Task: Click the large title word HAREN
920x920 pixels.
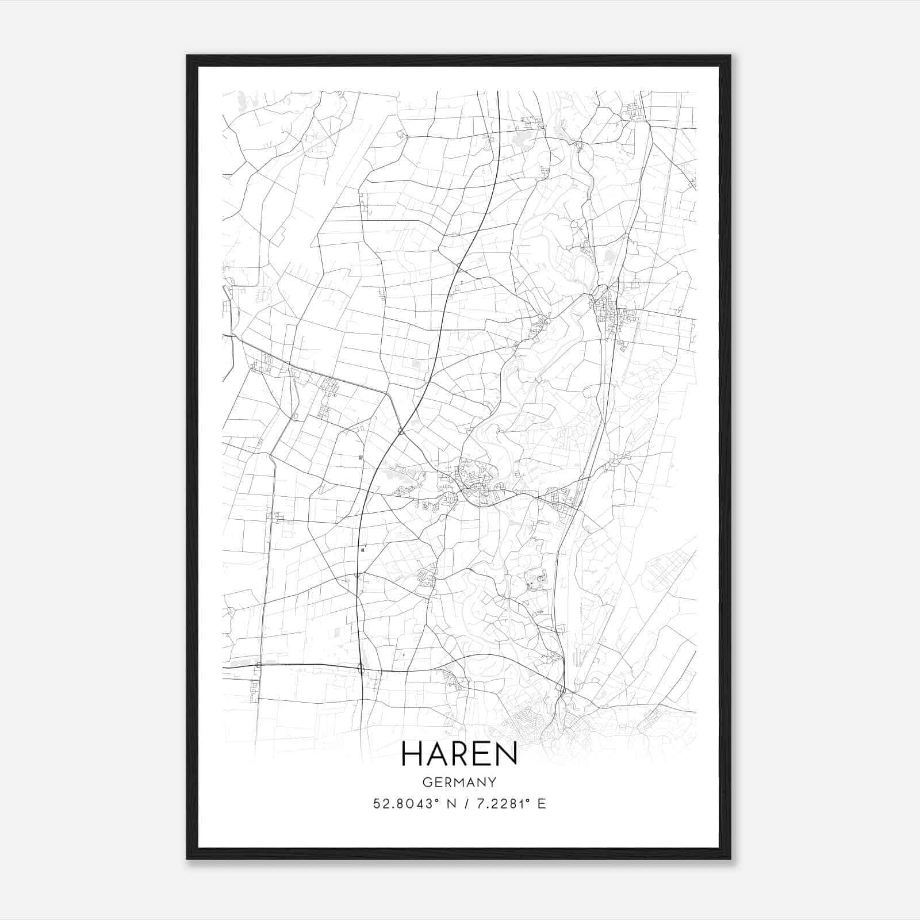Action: pos(459,753)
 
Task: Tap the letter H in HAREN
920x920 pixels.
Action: pos(412,753)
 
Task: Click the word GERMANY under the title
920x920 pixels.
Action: pos(459,783)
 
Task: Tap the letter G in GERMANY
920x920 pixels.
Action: pos(426,783)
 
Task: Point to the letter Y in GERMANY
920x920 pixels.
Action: pos(493,783)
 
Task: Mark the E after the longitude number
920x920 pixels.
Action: pos(541,804)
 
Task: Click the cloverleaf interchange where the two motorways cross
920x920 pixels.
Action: pos(361,668)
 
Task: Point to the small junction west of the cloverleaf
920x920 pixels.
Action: pos(258,665)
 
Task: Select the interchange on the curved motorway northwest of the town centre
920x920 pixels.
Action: pos(401,431)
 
